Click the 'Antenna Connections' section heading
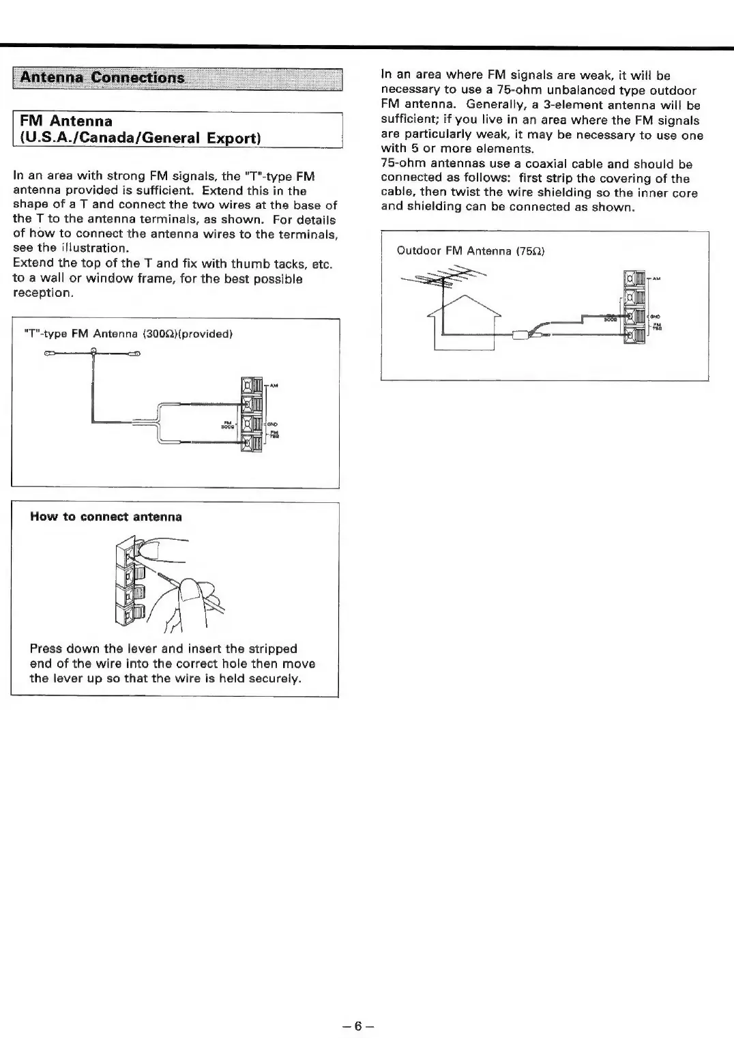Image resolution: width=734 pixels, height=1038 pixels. (102, 77)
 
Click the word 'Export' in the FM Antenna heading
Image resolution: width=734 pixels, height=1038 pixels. (231, 138)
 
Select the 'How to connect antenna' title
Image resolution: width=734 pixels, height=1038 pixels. (106, 517)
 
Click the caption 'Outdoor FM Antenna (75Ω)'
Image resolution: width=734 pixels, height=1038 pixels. (471, 250)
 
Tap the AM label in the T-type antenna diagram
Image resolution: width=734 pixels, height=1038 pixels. (274, 386)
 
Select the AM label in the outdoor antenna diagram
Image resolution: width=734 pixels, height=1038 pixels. (656, 278)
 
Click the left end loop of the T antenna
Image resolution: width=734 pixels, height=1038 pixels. (49, 354)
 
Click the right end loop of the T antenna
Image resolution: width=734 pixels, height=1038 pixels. (137, 354)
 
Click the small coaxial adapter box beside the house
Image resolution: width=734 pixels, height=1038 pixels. (523, 334)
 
